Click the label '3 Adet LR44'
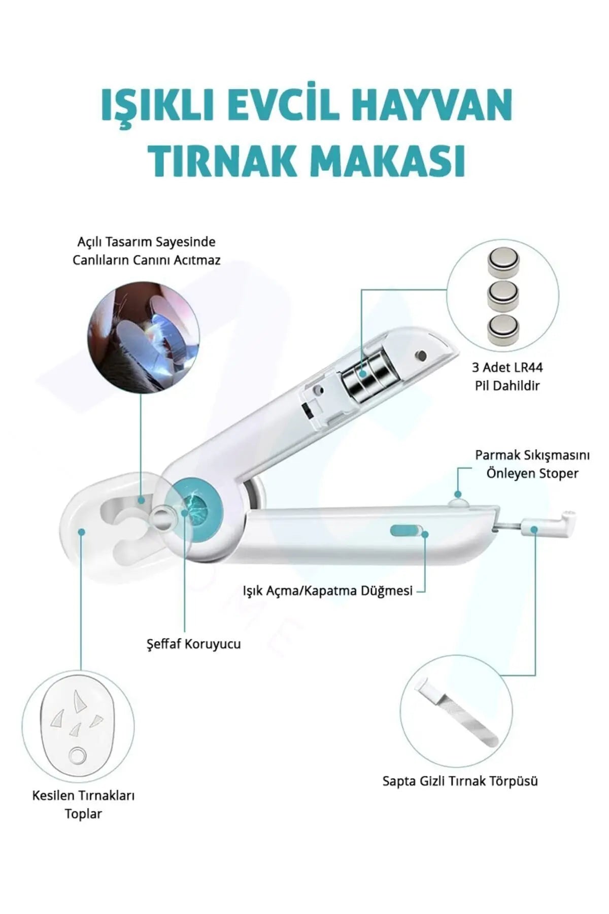pyautogui.click(x=507, y=367)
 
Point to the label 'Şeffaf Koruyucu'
pyautogui.click(x=193, y=644)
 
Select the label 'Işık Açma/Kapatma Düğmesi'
pyautogui.click(x=327, y=591)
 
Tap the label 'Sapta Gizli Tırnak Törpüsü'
pyautogui.click(x=460, y=780)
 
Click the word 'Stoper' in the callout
pyautogui.click(x=557, y=473)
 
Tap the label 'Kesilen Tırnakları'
pyautogui.click(x=83, y=795)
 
